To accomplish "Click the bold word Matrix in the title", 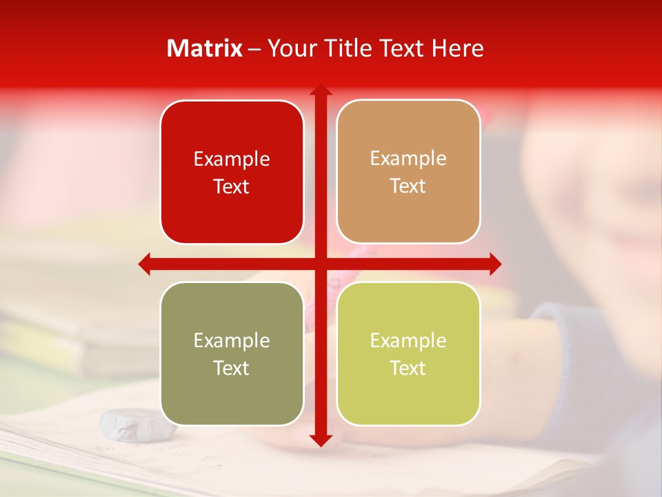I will point(205,48).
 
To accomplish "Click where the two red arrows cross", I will point(321,264).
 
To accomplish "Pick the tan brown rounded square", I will point(408,207).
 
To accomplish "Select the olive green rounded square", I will point(232,393).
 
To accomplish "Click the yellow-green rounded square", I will point(408,393).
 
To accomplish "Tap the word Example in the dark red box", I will point(232,159).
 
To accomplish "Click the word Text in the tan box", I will point(408,186).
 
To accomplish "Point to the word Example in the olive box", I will point(232,341).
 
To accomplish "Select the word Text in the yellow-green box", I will point(408,368).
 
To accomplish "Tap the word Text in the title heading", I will point(403,48).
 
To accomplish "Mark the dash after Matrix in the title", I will point(254,49).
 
